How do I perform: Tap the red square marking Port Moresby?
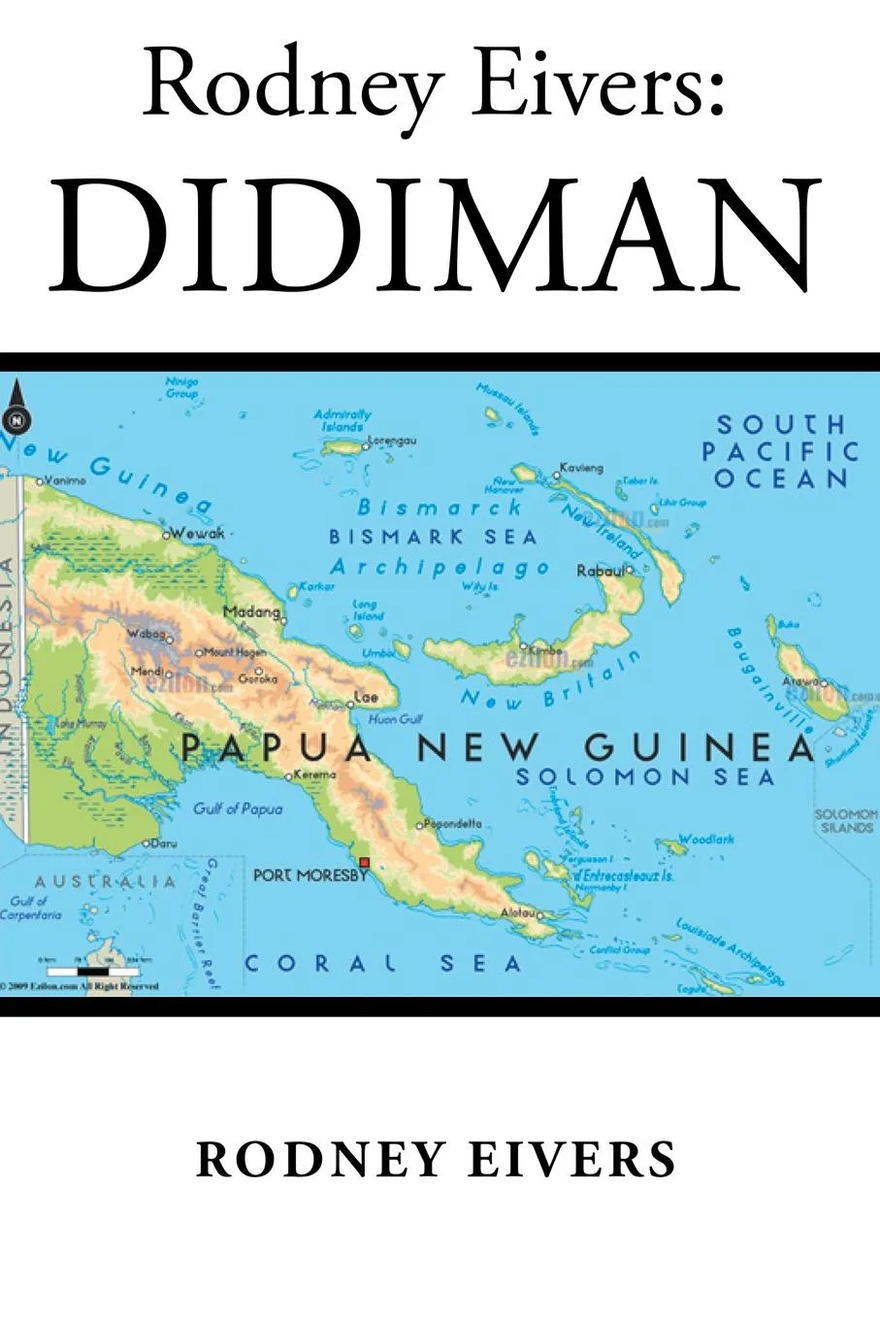365,862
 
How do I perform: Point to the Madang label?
251,611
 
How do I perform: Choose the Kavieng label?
582,468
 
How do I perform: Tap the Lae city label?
366,697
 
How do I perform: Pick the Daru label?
168,843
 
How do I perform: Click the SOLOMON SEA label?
644,776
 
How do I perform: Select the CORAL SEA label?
382,963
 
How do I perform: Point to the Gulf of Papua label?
238,808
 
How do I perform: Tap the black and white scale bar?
94,970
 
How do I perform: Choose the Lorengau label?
393,441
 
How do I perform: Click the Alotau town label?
517,913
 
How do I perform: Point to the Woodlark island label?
706,839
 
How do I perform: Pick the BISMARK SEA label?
433,537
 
